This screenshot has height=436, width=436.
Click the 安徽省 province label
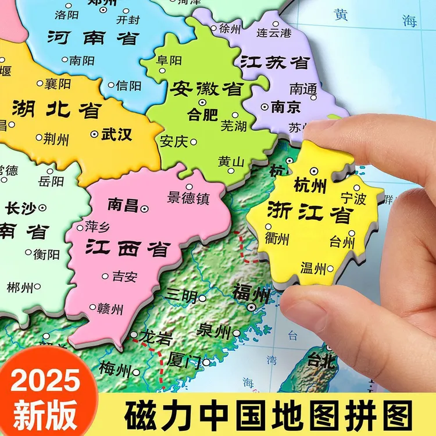[x=206, y=89]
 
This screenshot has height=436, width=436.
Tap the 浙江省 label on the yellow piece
[x=310, y=213]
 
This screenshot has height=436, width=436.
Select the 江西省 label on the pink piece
[x=127, y=248]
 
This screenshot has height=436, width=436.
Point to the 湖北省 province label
[x=56, y=109]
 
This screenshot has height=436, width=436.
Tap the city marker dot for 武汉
[x=95, y=134]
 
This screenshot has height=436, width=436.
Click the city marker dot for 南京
[x=265, y=107]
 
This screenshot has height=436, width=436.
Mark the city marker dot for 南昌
[x=145, y=208]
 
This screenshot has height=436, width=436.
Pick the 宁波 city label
[x=353, y=199]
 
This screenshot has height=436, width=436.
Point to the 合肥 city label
[x=203, y=115]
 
